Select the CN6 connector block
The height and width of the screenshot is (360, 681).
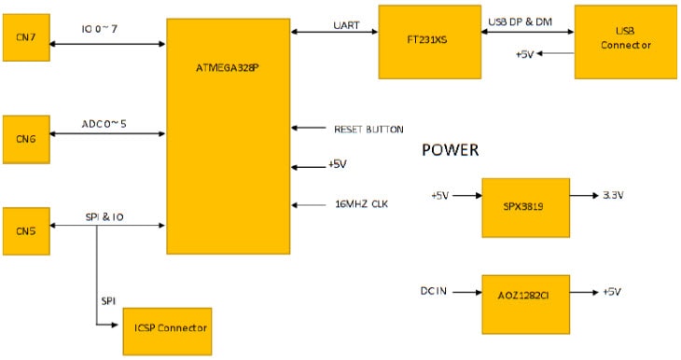click(x=27, y=137)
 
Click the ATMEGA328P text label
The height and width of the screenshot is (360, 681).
click(x=228, y=68)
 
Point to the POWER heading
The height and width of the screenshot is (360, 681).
click(x=451, y=150)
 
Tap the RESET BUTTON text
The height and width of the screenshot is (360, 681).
click(x=368, y=129)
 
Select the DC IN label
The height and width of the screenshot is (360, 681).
click(x=436, y=292)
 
